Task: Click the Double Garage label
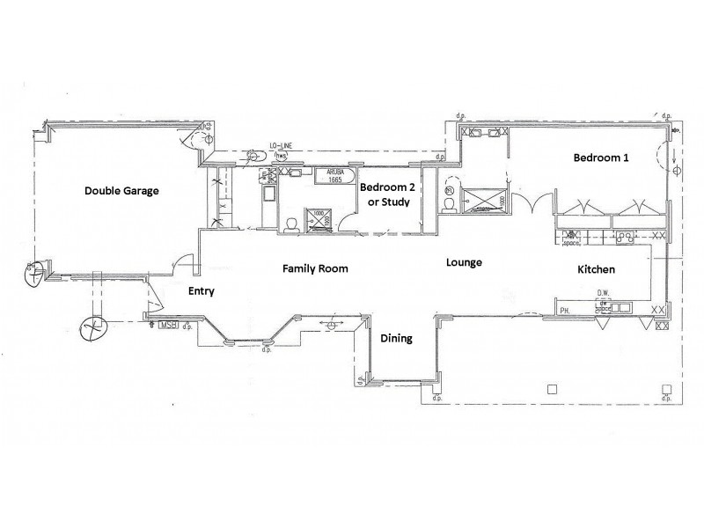121,190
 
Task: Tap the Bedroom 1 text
602,158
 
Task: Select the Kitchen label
596,269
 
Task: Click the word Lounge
463,262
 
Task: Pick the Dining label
395,338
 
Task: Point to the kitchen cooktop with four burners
573,236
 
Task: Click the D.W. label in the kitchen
605,295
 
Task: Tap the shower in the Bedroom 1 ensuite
482,199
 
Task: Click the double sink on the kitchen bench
626,236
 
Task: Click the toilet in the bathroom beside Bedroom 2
291,224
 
